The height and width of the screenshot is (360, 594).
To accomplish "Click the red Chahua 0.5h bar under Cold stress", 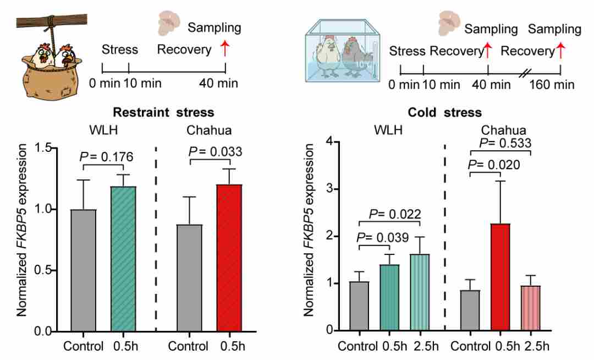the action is coord(501,277).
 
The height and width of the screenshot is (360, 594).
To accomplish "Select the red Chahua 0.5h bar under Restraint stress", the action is coord(229,258).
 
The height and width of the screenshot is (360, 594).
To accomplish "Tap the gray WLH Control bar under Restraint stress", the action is coord(84,271).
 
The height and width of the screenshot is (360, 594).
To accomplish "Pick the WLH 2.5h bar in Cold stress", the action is coord(420,292).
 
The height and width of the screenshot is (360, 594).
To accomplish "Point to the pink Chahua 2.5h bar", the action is coord(531,308).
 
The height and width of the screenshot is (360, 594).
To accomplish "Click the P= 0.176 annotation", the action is coord(107,156).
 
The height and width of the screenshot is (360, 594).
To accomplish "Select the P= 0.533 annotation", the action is coord(505,143).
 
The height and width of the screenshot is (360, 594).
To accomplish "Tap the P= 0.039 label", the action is coord(383,238).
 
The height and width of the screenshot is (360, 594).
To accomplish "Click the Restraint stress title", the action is coord(164,112).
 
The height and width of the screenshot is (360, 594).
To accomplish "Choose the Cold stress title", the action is coord(445,112).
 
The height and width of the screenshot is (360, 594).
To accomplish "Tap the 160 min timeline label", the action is coord(552,84).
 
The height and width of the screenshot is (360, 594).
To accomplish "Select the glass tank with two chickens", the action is coord(343,52).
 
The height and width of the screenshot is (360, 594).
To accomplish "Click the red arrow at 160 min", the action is coord(560,51).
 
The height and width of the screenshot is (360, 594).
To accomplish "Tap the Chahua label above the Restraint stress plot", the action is coord(209,130).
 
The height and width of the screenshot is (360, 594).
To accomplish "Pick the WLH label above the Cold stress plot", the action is coord(388,130).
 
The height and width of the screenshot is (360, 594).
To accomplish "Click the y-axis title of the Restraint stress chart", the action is coord(21,230).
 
